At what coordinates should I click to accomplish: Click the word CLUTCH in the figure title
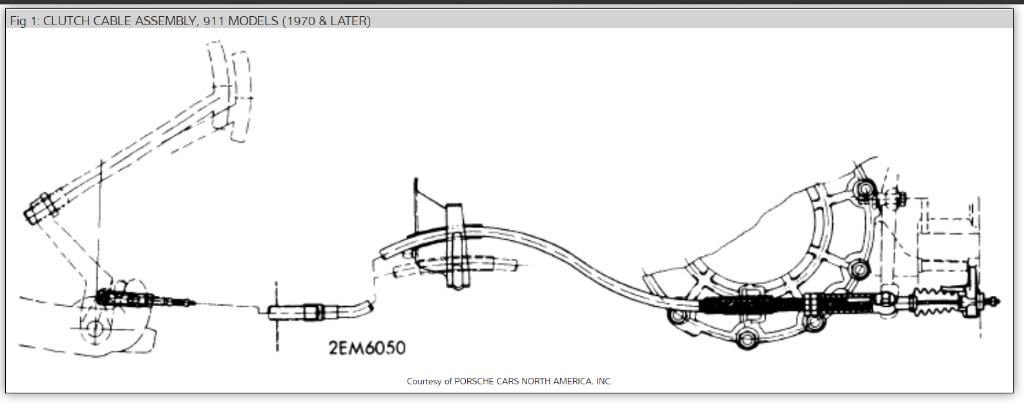coord(67,21)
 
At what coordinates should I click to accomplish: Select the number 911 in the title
coord(214,21)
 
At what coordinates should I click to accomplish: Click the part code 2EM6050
coord(367,348)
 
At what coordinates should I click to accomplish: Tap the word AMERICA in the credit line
coord(571,381)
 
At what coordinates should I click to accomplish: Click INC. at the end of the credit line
coord(604,381)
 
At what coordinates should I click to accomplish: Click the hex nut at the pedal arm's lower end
coord(40,207)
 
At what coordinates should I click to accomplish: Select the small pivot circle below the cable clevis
coord(95,328)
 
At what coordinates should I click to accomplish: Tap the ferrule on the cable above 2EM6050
coord(313,311)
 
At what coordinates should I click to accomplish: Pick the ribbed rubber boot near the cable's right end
coord(934,302)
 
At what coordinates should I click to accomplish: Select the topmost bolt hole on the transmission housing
coord(864,189)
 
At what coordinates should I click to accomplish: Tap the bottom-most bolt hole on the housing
coord(747,338)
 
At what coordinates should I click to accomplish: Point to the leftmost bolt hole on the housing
coord(677,317)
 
